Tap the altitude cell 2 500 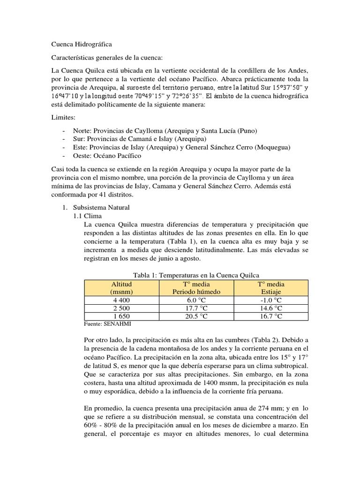tap(121, 308)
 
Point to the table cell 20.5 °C tap(195, 316)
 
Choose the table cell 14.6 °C tap(271, 308)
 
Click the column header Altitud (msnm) tap(121, 288)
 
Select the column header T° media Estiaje tap(271, 288)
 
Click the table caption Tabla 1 tap(195, 275)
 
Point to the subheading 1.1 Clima tap(87, 216)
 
